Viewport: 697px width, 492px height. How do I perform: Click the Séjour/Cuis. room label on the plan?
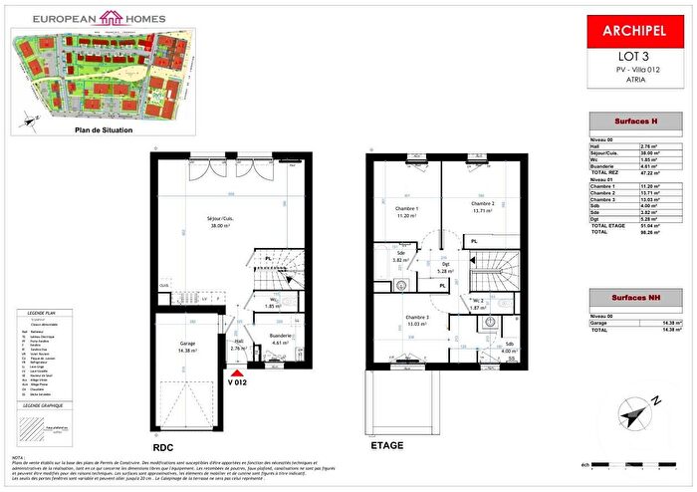pyautogui.click(x=204, y=221)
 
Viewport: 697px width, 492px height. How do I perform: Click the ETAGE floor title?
pyautogui.click(x=386, y=445)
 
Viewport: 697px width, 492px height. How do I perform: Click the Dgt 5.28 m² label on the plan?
pyautogui.click(x=445, y=265)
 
